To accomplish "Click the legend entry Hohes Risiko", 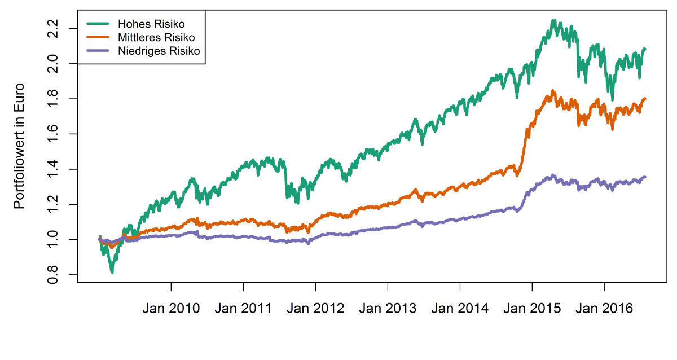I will click(151, 24).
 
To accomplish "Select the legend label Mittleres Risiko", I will click(156, 38).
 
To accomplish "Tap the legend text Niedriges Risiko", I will click(160, 51).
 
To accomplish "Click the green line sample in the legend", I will click(98, 24).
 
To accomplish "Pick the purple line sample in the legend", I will click(98, 51).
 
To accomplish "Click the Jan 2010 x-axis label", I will click(171, 309).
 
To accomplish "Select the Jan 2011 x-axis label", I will click(243, 309).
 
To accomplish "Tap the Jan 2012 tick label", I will click(315, 309).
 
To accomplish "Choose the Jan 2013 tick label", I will click(388, 309).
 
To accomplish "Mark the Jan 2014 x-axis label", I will click(460, 309).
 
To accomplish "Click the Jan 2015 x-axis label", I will click(532, 309).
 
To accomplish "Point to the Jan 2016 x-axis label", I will click(604, 309).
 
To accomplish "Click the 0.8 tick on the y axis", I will click(53, 275).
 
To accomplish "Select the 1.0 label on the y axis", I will click(53, 239).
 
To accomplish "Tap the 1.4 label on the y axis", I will click(53, 169).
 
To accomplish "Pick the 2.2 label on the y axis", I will click(53, 28).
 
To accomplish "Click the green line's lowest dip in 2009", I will click(112, 272).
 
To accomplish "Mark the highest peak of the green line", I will click(553, 21).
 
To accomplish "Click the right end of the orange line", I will click(645, 99).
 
